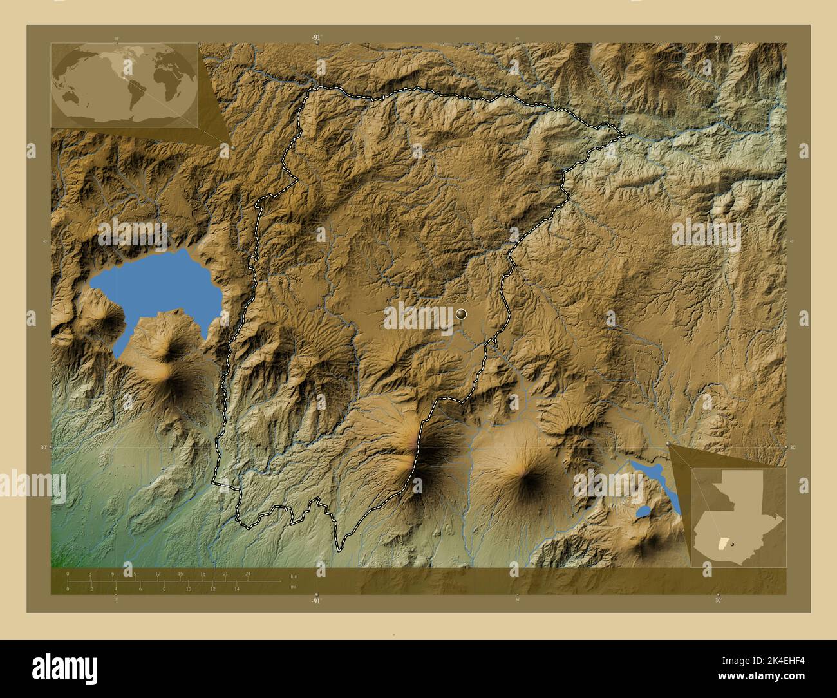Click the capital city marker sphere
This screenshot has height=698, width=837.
[x=462, y=314]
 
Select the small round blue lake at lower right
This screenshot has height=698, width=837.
[x=643, y=513]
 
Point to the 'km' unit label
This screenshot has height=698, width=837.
[x=294, y=576]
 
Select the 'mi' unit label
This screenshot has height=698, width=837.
[x=294, y=587]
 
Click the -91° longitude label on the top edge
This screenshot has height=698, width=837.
[x=316, y=38]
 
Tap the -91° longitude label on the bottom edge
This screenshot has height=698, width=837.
[x=315, y=600]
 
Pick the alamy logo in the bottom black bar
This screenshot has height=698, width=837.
[x=65, y=666]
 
